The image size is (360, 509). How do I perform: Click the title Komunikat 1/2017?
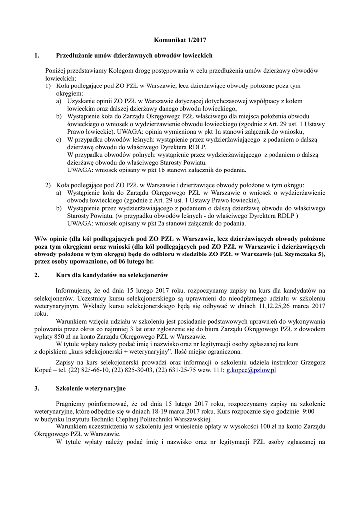pyautogui.click(x=180, y=39)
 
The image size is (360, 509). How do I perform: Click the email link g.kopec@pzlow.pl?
pyautogui.click(x=251, y=370)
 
